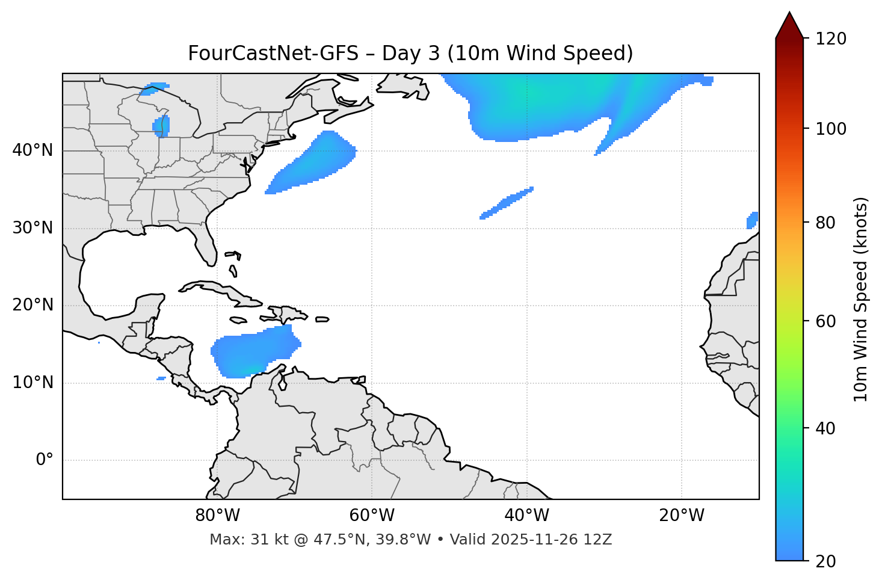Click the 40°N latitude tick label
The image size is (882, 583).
(x=32, y=150)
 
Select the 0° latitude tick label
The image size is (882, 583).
(x=45, y=460)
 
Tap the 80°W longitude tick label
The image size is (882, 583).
(x=217, y=516)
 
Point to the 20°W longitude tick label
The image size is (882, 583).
(x=682, y=516)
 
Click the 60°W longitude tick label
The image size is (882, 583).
(x=371, y=516)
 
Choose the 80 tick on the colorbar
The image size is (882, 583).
(x=826, y=223)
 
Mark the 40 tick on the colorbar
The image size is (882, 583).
(x=826, y=428)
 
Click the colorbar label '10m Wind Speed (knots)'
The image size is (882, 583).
(x=861, y=300)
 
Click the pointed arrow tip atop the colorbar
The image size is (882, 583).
(x=789, y=14)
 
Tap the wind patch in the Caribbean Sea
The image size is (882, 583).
(x=253, y=352)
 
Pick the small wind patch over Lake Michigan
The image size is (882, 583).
(x=161, y=126)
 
